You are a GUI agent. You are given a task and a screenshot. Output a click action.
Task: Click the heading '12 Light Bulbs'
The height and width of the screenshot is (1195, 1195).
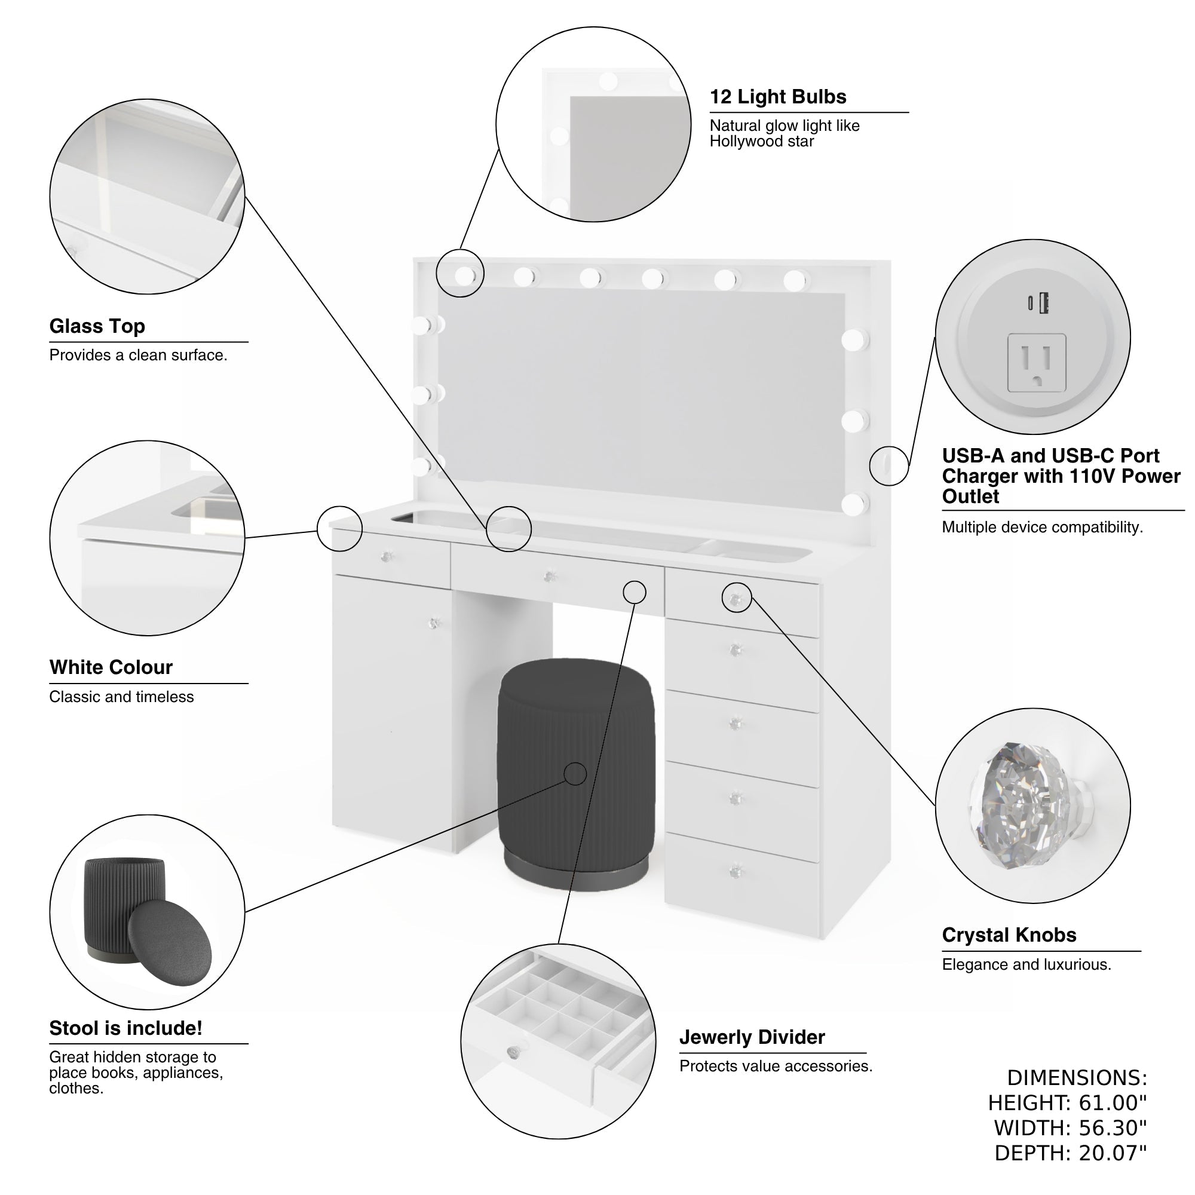click(777, 97)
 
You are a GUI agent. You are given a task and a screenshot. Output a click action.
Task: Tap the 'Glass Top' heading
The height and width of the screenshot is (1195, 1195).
click(97, 326)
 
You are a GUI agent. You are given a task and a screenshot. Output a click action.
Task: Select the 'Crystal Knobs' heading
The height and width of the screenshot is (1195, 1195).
click(1009, 934)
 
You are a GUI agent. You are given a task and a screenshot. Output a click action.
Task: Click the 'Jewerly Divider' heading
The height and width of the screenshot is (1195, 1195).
click(752, 1037)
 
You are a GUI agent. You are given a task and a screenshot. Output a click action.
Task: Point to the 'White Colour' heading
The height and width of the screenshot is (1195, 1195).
click(111, 667)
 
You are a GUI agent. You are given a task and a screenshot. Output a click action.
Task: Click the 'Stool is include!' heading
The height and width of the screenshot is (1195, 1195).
click(125, 1027)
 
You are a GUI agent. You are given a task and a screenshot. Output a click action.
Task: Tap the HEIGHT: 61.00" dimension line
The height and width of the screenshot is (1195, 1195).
click(1067, 1102)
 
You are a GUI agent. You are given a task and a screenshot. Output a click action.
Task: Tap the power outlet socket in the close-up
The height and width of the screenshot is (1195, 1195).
click(1036, 363)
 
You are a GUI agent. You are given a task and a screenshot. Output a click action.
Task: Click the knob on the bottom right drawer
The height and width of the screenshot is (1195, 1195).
click(736, 872)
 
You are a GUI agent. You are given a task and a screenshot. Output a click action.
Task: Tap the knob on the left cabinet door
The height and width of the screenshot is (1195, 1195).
click(434, 623)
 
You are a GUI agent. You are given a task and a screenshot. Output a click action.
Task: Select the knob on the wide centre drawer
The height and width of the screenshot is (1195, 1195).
click(549, 577)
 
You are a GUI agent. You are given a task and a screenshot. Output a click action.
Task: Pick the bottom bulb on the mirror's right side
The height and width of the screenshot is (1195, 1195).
click(854, 504)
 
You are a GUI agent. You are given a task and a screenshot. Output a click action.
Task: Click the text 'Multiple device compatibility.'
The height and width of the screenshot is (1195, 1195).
click(1041, 527)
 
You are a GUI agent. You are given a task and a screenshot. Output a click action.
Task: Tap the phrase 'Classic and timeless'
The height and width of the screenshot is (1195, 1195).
click(121, 697)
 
